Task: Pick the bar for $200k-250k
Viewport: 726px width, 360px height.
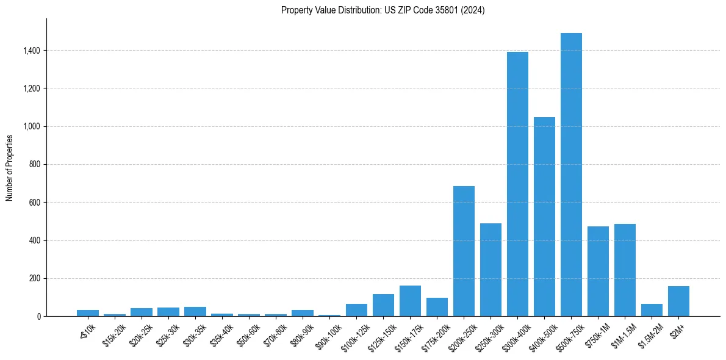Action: pyautogui.click(x=464, y=251)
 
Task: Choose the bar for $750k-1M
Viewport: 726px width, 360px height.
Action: pyautogui.click(x=598, y=271)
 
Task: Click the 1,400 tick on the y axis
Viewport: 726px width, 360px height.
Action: pyautogui.click(x=31, y=51)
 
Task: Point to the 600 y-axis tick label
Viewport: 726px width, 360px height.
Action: pyautogui.click(x=35, y=203)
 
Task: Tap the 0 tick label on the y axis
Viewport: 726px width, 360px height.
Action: pyautogui.click(x=39, y=317)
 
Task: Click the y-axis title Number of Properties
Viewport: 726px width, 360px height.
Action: pyautogui.click(x=9, y=167)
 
